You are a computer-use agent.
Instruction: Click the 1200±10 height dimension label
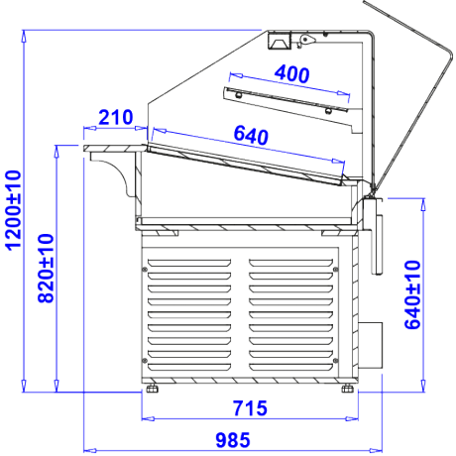tap(14, 210)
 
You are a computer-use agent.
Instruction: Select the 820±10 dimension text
tap(46, 268)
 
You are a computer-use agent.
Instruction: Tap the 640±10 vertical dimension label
tap(412, 294)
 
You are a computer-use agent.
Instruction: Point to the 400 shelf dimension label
tap(292, 74)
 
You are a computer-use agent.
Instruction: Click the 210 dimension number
tap(116, 117)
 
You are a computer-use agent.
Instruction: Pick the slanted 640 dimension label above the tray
tap(251, 136)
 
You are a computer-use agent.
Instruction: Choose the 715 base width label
tap(250, 408)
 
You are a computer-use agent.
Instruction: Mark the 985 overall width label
tap(233, 440)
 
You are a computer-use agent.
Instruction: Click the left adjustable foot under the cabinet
tap(152, 389)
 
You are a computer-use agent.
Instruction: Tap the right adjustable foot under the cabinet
tap(348, 389)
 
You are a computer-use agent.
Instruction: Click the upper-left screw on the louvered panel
tap(145, 270)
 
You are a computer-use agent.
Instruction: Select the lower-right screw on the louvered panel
tap(336, 360)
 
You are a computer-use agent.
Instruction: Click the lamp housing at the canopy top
tap(280, 41)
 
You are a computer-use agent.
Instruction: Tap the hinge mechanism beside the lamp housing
tap(305, 40)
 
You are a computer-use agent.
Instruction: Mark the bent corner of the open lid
tap(450, 53)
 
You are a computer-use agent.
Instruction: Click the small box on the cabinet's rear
tap(371, 345)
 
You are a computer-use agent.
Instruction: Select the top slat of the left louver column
tap(189, 263)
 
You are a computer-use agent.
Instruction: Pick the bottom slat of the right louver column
tap(290, 367)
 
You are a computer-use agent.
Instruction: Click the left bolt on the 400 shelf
tap(238, 95)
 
